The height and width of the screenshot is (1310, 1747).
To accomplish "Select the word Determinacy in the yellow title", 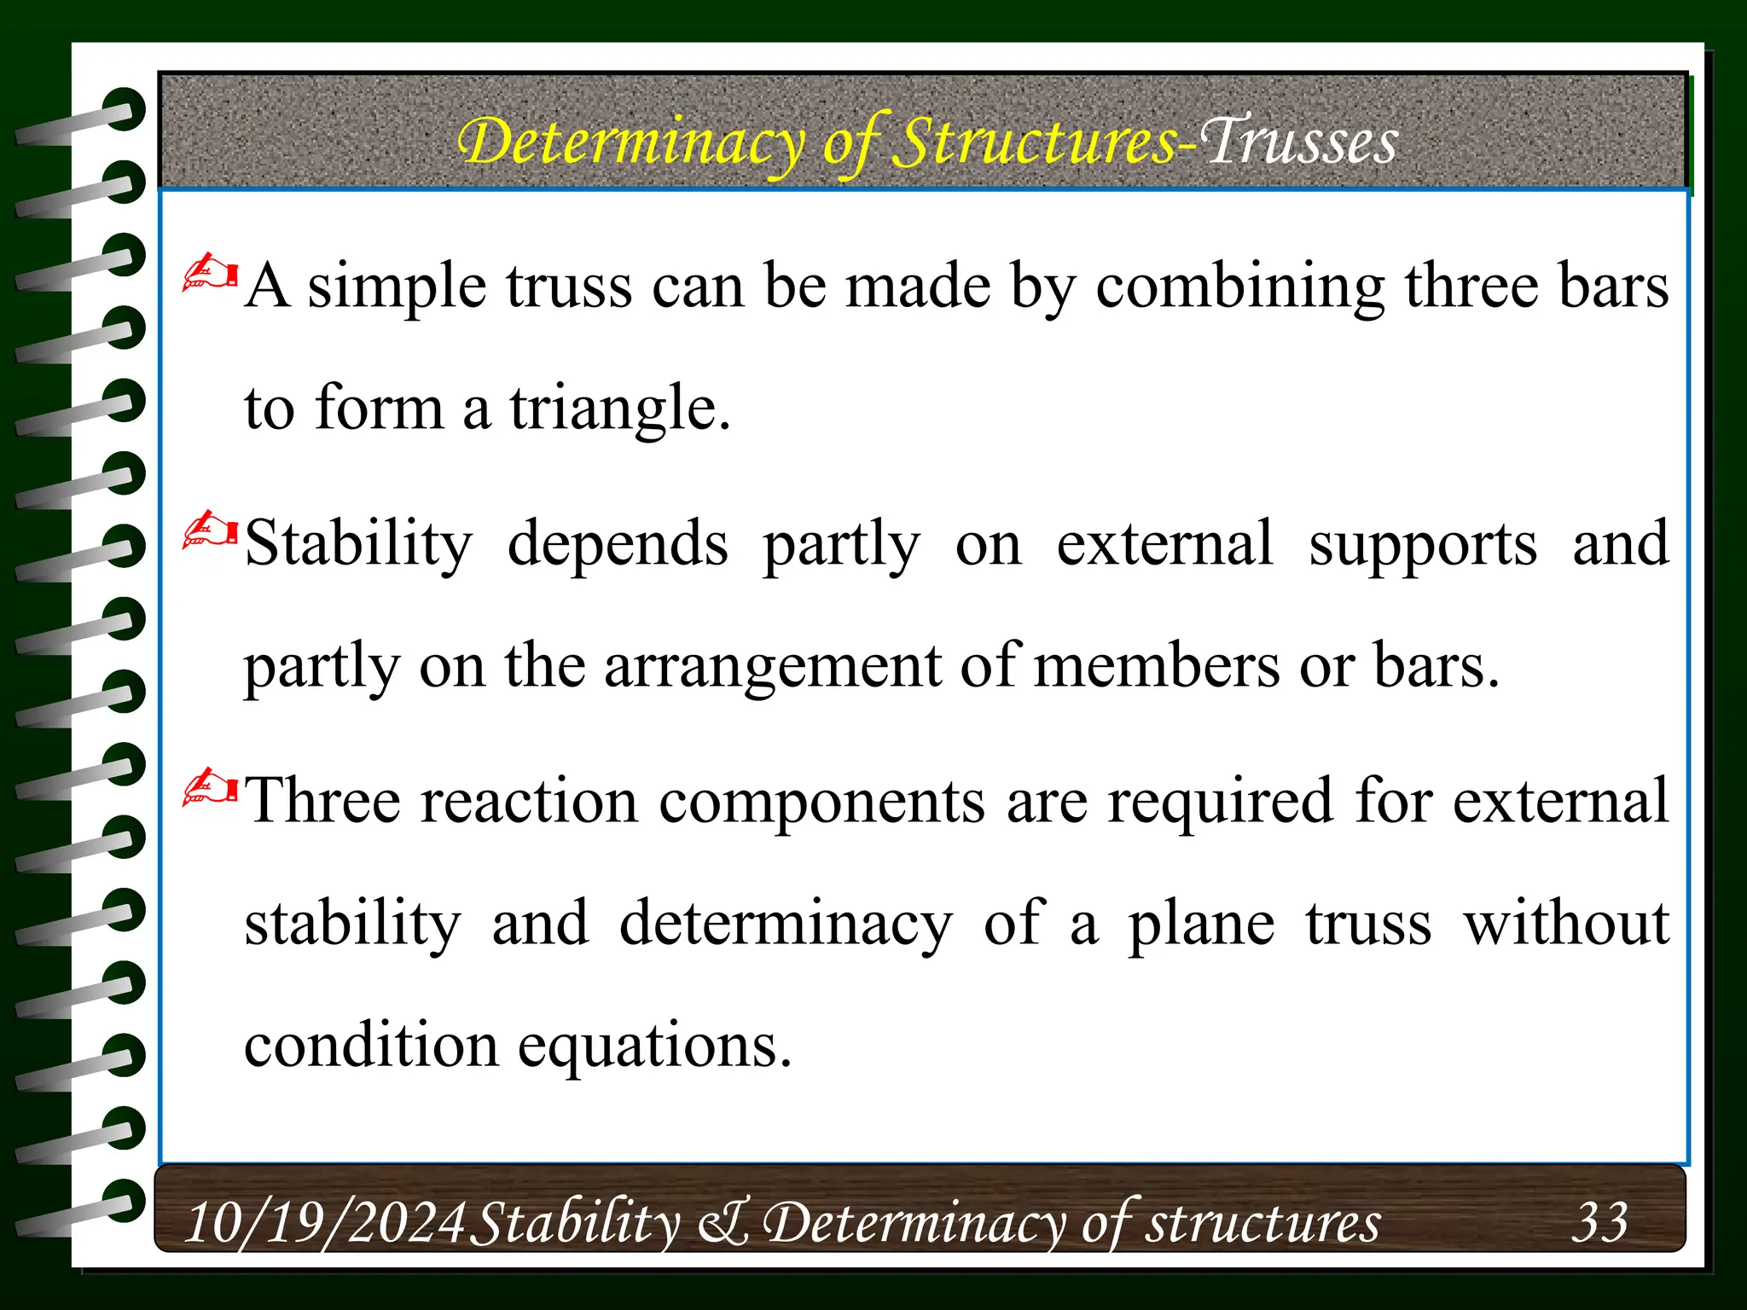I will point(631,143).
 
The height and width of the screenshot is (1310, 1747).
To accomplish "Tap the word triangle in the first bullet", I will point(619,409).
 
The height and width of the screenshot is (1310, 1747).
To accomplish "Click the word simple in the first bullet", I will point(397,288).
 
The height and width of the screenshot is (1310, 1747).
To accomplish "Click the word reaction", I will point(529,802).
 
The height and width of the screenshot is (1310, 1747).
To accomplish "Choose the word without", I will point(1565,924).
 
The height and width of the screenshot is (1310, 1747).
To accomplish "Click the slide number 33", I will point(1599,1221).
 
